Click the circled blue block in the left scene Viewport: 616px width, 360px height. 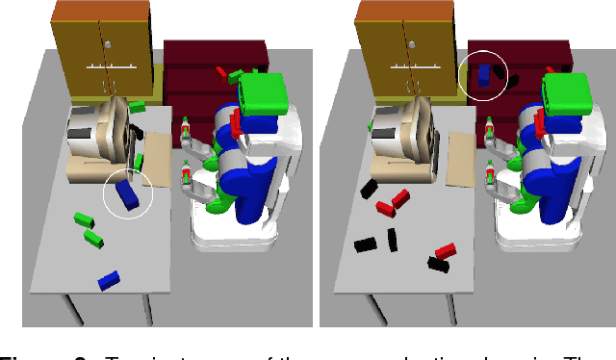(x=128, y=196)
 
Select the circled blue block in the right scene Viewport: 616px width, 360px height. (x=484, y=75)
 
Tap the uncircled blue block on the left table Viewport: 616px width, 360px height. (x=108, y=279)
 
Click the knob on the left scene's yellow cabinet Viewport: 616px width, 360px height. (x=108, y=44)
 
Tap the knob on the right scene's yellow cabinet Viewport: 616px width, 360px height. (x=412, y=44)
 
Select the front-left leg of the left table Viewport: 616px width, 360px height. (x=68, y=310)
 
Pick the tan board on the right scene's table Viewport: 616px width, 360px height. (x=464, y=159)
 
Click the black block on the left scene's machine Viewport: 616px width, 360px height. (x=138, y=128)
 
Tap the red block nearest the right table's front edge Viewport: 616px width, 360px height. (x=443, y=252)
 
